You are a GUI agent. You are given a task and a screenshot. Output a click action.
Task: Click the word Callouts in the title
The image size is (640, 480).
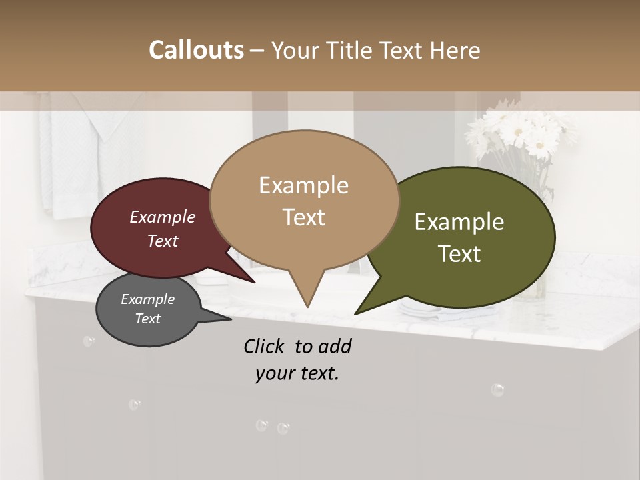pyautogui.click(x=196, y=50)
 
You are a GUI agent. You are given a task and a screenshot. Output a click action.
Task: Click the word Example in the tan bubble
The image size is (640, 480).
pyautogui.click(x=303, y=185)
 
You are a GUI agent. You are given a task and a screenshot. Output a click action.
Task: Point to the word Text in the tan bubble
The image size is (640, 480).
pyautogui.click(x=304, y=217)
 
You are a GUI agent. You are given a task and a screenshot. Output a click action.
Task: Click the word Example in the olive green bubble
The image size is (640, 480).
pyautogui.click(x=459, y=222)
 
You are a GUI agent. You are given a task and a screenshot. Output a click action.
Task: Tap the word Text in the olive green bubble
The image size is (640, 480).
pyautogui.click(x=460, y=254)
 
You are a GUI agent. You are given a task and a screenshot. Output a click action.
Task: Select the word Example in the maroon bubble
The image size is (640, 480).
pyautogui.click(x=163, y=217)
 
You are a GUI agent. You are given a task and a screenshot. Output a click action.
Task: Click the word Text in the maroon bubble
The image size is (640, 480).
pyautogui.click(x=163, y=241)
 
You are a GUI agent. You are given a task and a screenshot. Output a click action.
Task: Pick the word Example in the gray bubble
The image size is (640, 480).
pyautogui.click(x=147, y=299)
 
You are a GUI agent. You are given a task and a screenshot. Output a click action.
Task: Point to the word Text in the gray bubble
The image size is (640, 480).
pyautogui.click(x=148, y=319)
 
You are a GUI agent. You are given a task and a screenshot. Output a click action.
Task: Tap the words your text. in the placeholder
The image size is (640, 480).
pyautogui.click(x=297, y=373)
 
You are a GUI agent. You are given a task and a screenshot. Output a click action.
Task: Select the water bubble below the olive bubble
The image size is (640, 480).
pyautogui.click(x=497, y=389)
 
